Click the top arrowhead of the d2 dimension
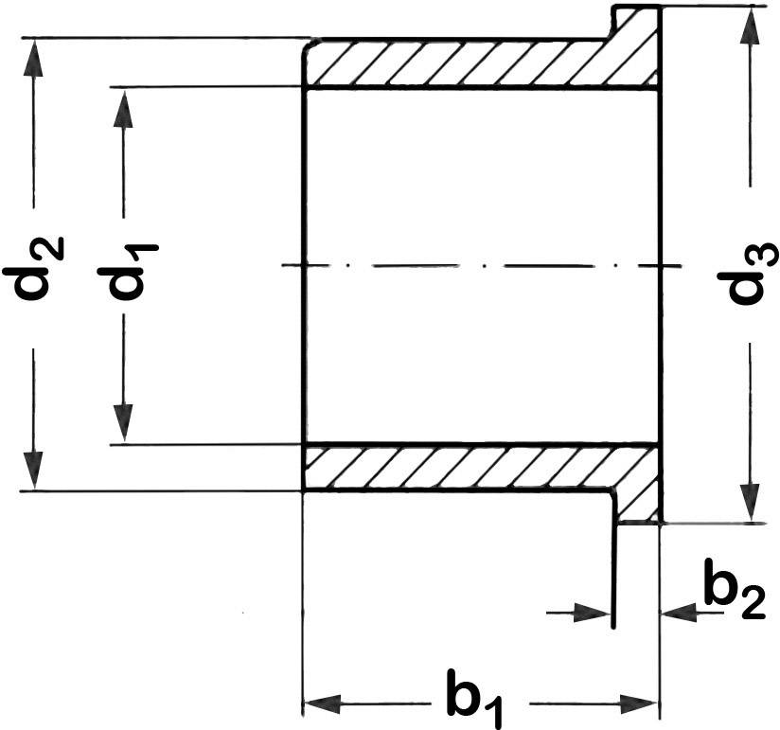pyautogui.click(x=34, y=59)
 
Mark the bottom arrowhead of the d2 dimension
pyautogui.click(x=34, y=468)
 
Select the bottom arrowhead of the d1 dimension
pyautogui.click(x=123, y=423)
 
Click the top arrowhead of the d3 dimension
pyautogui.click(x=750, y=28)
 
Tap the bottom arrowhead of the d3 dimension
pyautogui.click(x=750, y=502)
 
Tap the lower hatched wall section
pyautogui.click(x=454, y=467)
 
